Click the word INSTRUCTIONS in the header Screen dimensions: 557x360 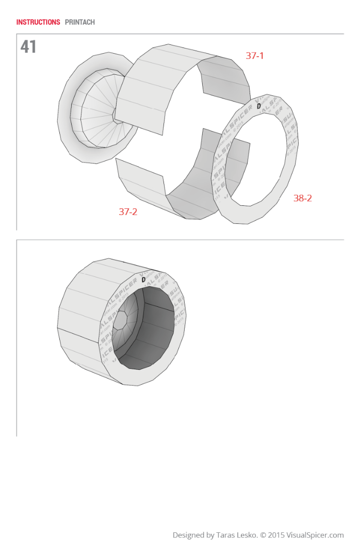point(38,22)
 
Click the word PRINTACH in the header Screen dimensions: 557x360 point(80,22)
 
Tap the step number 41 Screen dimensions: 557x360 point(28,47)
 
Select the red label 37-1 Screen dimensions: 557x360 point(254,56)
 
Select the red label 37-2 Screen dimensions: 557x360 point(128,211)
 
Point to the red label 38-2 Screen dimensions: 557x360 point(303,198)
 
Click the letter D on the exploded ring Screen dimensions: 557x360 point(259,106)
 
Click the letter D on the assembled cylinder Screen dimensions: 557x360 point(143,280)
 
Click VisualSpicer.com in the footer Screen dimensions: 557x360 point(315,535)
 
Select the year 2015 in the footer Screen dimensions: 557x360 point(276,535)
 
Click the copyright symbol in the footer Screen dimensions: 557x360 point(263,535)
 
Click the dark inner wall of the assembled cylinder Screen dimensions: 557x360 point(157,330)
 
